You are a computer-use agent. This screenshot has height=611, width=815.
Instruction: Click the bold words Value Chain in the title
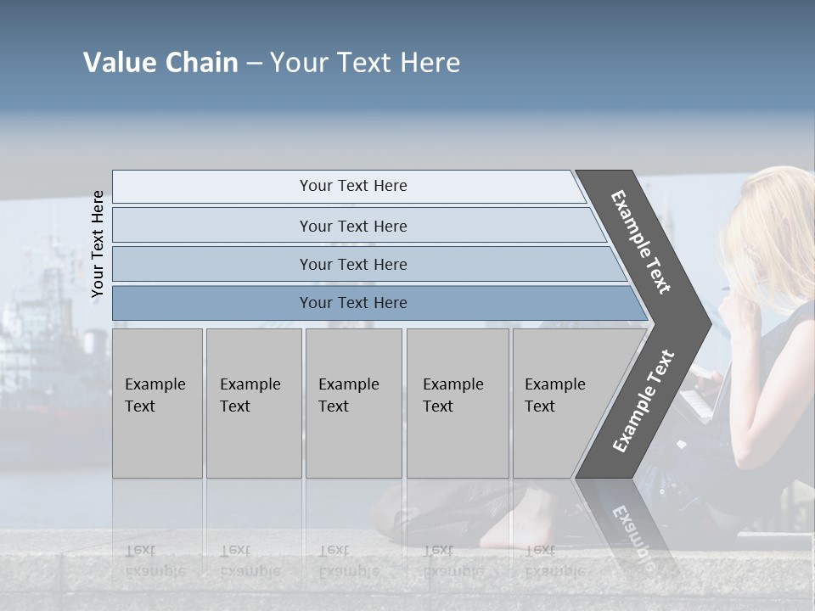pos(160,63)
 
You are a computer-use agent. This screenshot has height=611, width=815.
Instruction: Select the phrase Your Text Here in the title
pos(365,63)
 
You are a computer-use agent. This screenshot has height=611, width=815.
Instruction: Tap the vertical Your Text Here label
pos(98,244)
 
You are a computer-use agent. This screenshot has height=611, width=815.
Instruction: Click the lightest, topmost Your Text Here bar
pos(352,186)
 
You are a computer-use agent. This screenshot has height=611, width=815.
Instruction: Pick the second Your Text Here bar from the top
pos(352,226)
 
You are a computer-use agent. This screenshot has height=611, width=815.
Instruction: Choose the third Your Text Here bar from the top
pos(352,264)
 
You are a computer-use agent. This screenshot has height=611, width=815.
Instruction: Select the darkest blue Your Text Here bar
pos(352,303)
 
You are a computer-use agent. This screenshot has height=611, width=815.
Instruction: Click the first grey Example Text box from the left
pos(157,403)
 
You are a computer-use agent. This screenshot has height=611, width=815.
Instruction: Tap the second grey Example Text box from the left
pos(253,403)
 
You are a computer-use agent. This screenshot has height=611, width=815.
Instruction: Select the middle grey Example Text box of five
pos(353,403)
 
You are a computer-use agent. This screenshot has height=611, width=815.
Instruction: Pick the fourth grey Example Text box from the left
pos(457,403)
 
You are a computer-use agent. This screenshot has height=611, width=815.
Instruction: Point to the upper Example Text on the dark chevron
pos(641,242)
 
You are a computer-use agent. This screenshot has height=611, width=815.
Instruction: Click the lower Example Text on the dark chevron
pos(644,401)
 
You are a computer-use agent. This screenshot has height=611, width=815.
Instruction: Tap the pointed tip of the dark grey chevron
pos(708,323)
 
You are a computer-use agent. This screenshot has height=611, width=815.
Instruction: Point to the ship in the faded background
pos(42,339)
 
